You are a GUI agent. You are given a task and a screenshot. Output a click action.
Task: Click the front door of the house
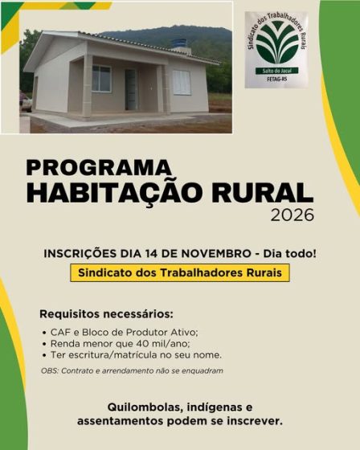(131, 88)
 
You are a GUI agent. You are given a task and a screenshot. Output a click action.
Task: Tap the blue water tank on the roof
(178, 44)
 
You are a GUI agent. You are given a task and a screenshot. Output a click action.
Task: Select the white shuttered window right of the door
(182, 82)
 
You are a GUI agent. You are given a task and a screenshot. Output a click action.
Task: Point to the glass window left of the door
(101, 78)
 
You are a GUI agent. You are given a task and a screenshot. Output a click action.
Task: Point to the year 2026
(292, 215)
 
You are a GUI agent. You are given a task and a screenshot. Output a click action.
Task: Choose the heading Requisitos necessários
(106, 313)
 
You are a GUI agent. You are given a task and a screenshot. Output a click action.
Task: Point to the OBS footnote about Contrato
(132, 370)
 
